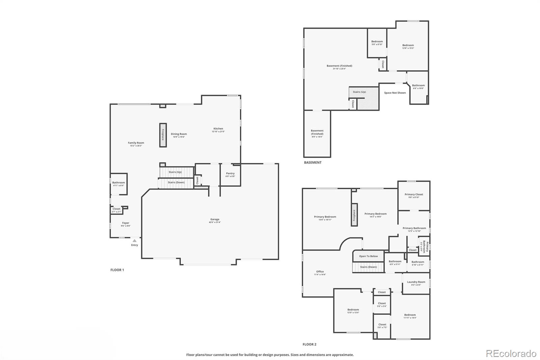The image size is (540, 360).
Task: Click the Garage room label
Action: [215, 221]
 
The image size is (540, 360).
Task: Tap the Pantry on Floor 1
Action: [230, 175]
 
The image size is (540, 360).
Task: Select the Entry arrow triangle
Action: [134, 241]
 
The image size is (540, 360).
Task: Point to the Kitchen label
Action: [218, 130]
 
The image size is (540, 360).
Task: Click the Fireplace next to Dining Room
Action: [163, 135]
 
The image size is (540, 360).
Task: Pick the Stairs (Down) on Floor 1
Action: [176, 183]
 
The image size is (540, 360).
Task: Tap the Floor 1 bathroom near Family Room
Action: [118, 184]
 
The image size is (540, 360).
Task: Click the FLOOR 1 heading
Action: [117, 270]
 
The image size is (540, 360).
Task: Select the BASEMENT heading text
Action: [313, 162]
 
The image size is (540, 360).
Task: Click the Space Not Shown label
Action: [395, 93]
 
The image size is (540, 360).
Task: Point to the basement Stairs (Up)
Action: [359, 92]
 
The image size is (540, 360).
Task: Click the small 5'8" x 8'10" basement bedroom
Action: [377, 43]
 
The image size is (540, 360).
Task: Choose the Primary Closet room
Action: [414, 196]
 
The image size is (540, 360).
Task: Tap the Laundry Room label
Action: [416, 283]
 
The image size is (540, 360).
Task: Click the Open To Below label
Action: [368, 256]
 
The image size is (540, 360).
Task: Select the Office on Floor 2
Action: [320, 273]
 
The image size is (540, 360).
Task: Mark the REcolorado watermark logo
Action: [511, 353]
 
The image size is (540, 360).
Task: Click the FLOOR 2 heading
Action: [309, 344]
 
